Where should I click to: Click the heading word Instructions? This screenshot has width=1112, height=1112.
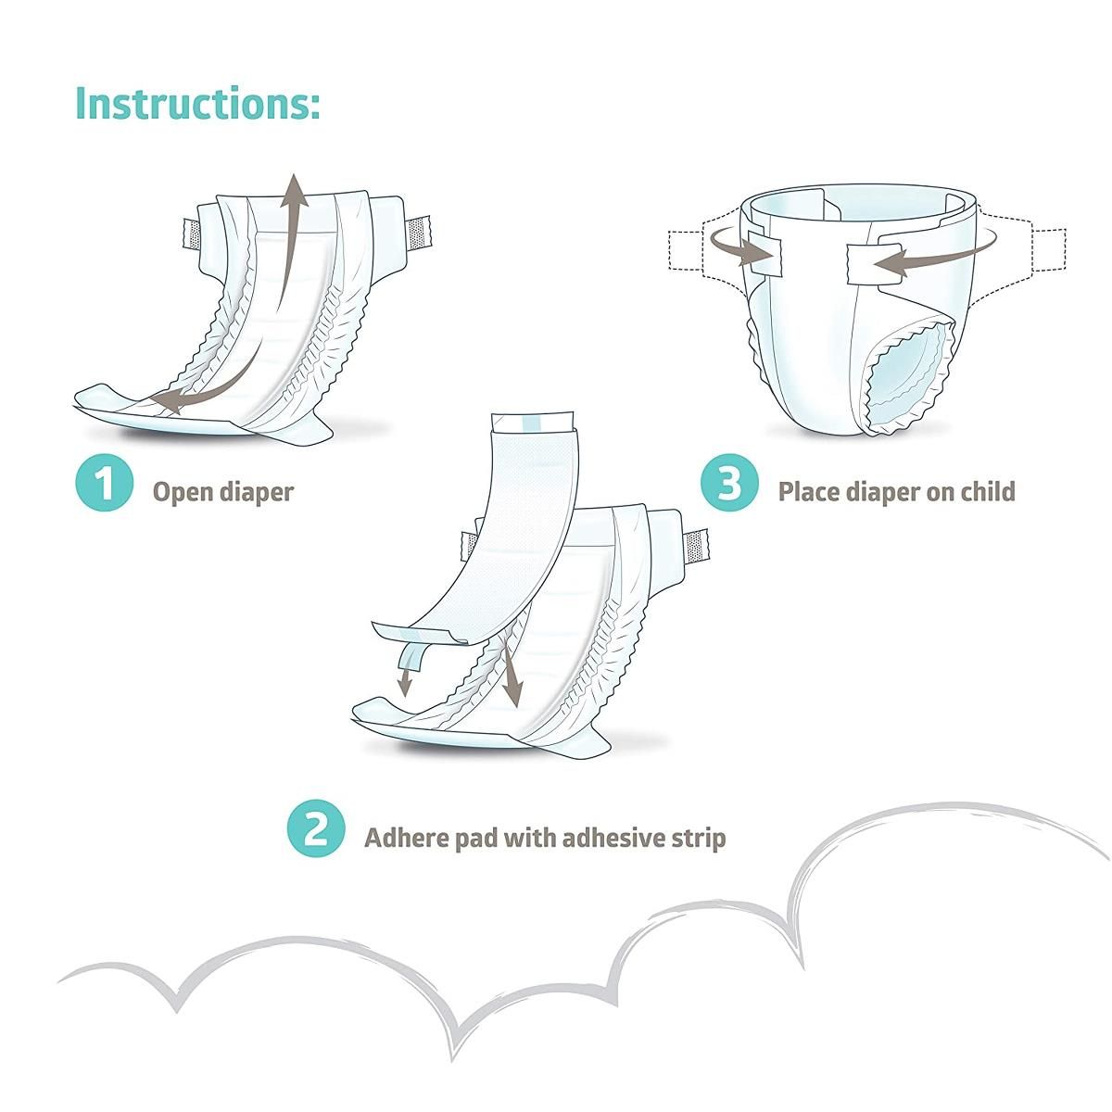tap(197, 102)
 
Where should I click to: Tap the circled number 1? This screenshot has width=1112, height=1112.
tap(106, 483)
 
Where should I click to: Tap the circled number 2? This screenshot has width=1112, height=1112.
tap(317, 828)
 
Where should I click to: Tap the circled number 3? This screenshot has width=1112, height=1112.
tap(730, 483)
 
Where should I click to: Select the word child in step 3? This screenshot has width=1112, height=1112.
tap(984, 491)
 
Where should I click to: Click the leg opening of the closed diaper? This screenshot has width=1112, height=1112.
tap(912, 379)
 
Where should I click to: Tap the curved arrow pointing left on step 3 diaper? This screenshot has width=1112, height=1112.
tap(890, 262)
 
